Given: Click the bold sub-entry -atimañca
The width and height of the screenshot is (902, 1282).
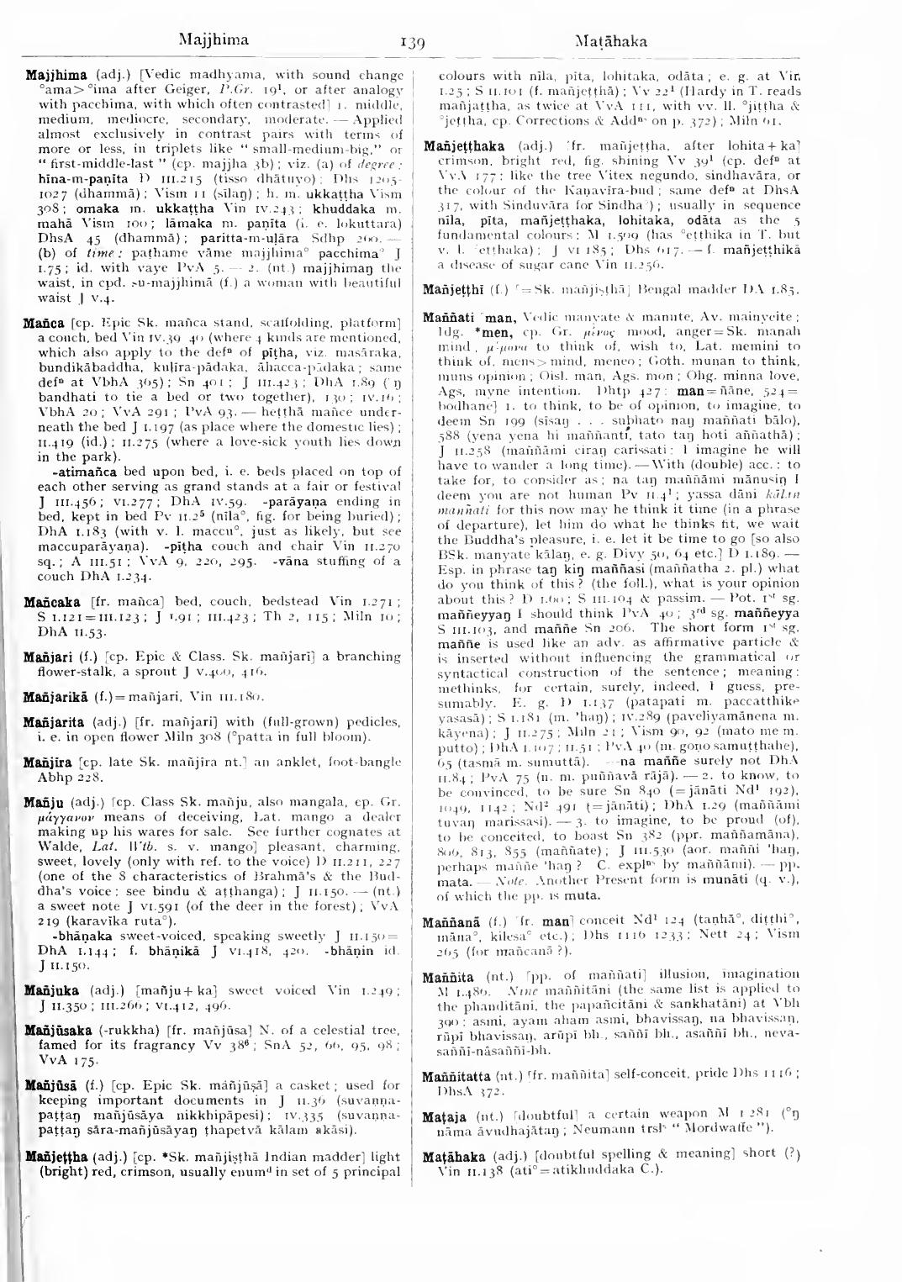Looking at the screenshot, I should [68, 472].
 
